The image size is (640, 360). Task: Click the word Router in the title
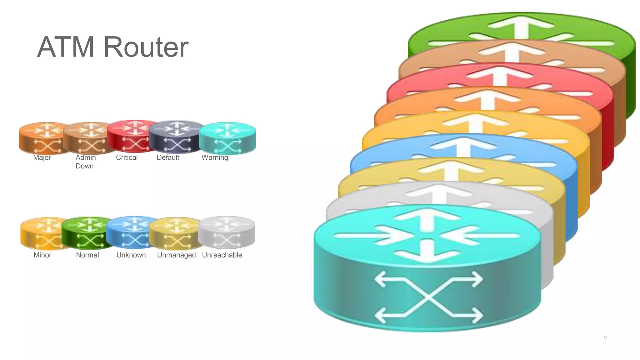[x=146, y=47]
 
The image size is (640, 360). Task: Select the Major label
[x=42, y=157]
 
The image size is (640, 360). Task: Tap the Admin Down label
[x=85, y=162]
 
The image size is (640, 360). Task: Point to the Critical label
[x=127, y=157]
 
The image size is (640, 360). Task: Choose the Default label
[x=168, y=157]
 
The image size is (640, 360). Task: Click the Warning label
[x=215, y=157]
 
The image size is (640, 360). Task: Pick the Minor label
[x=42, y=255]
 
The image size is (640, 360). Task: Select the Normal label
[x=87, y=255]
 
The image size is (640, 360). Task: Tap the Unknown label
[x=131, y=255]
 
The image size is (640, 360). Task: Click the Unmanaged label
[x=176, y=255]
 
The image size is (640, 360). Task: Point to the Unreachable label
[x=222, y=255]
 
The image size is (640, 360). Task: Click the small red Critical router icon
[x=132, y=136]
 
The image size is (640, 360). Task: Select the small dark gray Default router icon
[x=176, y=137]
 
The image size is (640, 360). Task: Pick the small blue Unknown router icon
[x=132, y=232]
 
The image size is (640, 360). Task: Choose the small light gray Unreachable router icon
[x=227, y=232]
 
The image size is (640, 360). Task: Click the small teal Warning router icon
[x=227, y=138]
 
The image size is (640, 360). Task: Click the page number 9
[x=605, y=337]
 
